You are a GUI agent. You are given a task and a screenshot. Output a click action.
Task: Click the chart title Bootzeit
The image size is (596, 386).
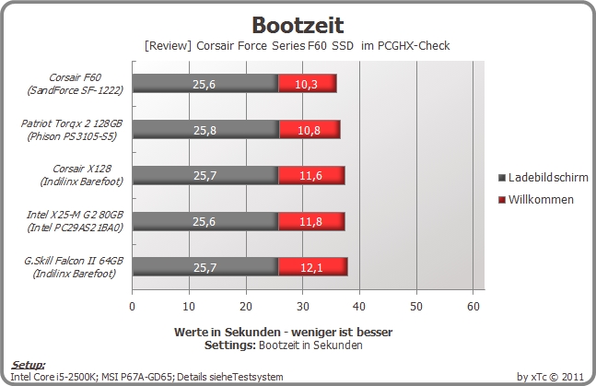[298, 26]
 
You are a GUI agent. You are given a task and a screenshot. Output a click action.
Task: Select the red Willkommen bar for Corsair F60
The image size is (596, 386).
[308, 83]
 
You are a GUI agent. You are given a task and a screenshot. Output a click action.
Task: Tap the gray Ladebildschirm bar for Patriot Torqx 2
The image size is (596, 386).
[205, 130]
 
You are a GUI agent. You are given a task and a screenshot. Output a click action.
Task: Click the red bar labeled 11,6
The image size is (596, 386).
[311, 175]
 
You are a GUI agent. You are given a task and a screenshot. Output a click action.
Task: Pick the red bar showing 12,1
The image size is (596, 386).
[313, 267]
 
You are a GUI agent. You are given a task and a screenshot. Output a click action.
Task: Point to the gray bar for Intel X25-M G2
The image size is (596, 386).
[205, 221]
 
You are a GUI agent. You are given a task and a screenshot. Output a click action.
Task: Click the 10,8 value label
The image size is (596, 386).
[309, 131]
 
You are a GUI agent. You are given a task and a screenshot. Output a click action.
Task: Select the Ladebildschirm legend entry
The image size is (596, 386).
[543, 177]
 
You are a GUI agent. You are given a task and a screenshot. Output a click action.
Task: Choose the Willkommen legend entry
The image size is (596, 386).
[536, 200]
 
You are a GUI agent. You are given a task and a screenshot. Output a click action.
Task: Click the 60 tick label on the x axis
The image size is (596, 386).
[473, 306]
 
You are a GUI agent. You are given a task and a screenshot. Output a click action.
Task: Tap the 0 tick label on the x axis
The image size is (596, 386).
[133, 306]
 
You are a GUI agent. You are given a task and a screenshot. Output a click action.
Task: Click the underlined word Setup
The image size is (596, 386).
[29, 365]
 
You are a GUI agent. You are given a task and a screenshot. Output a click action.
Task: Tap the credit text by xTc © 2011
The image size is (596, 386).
[550, 377]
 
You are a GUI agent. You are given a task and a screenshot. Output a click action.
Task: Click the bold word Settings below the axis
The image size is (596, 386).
[230, 345]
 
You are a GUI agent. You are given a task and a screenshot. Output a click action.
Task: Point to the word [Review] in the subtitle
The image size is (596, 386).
[168, 46]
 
